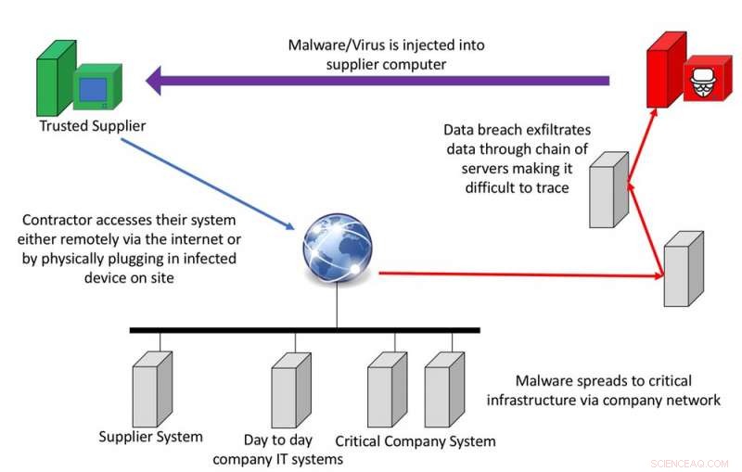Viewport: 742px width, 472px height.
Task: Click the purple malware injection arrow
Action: point(371,81)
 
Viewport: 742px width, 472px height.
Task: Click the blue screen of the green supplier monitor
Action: point(93,90)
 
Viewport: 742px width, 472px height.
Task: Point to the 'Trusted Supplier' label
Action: point(93,125)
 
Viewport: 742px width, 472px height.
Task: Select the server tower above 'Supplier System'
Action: point(146,393)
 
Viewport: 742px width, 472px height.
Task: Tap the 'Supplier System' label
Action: point(151,437)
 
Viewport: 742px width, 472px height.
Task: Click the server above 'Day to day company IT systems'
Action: point(283,395)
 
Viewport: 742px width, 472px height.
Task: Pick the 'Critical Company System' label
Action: point(415,441)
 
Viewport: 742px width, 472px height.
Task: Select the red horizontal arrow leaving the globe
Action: point(519,274)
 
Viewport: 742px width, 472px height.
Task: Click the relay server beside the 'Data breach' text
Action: point(603,188)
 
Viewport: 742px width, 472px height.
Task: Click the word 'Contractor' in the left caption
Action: point(60,220)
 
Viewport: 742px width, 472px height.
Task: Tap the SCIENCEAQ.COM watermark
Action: point(691,461)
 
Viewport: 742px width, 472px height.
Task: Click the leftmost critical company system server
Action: point(380,394)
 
